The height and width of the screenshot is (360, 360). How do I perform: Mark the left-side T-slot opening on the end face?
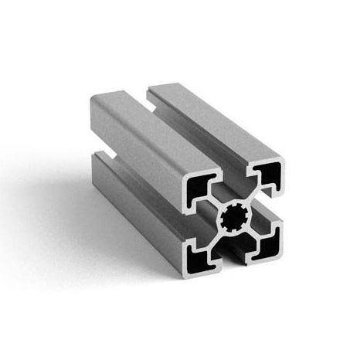coord(193,220)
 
